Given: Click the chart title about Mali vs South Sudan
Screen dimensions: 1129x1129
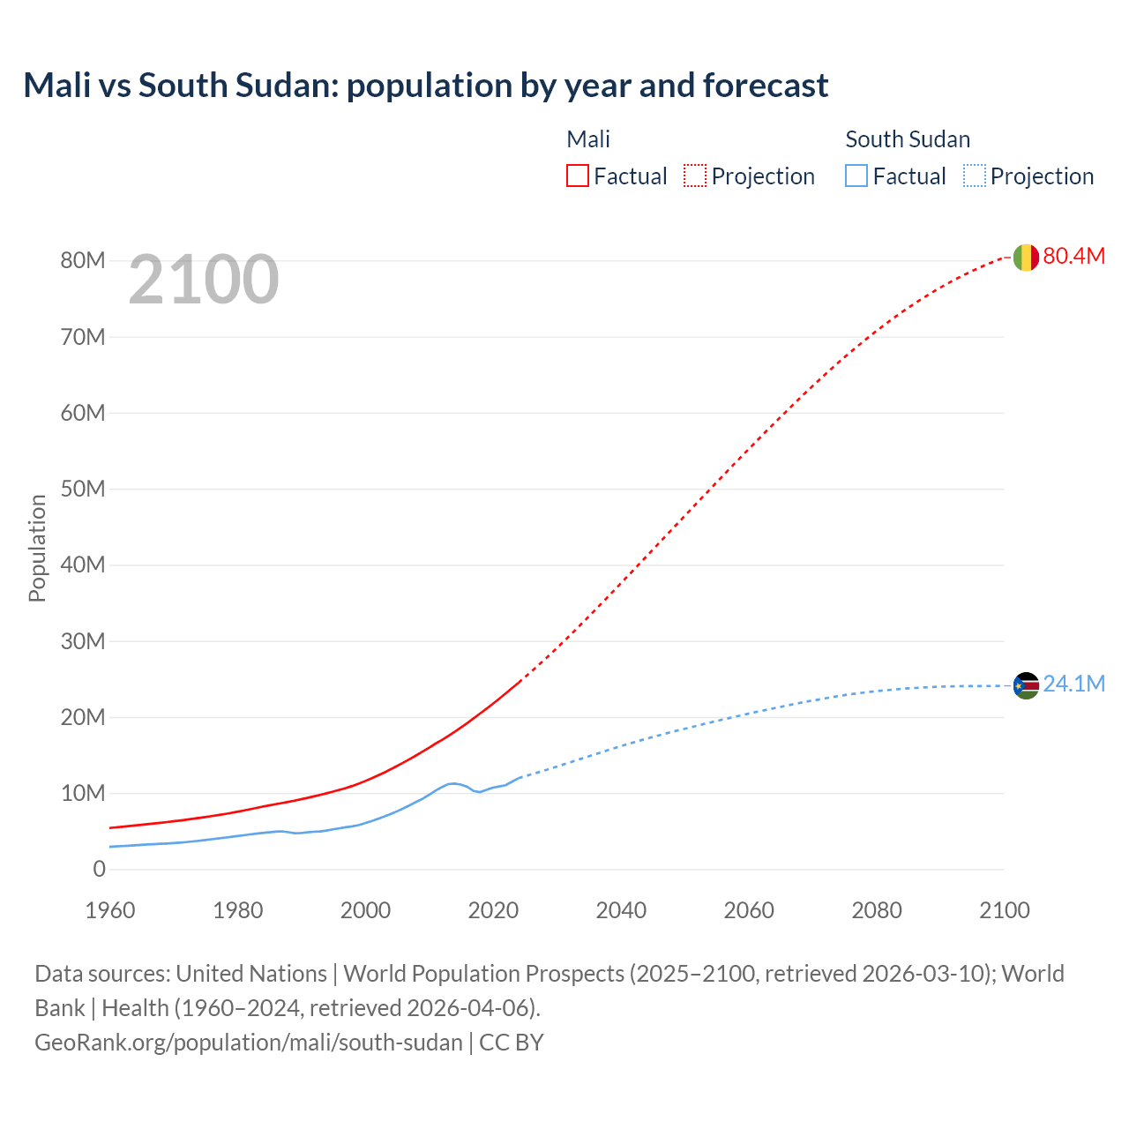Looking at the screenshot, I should [425, 86].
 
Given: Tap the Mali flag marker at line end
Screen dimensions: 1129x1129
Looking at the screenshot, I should [1025, 257].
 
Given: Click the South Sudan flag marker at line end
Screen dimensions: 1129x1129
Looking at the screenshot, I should [1025, 685].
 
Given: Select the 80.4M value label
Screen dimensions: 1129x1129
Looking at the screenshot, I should [1073, 256].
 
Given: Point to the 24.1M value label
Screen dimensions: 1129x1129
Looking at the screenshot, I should [1073, 684].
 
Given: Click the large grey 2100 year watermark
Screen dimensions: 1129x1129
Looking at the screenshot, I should [204, 280].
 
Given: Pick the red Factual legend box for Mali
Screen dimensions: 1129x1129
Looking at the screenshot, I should [578, 176].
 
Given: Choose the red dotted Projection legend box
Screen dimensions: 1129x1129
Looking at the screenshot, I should [695, 176].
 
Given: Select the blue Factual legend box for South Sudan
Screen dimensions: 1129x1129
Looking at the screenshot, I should [856, 176].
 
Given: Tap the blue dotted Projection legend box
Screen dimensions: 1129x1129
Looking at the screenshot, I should [974, 176].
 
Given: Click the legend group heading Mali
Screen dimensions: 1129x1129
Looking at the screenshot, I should [588, 139].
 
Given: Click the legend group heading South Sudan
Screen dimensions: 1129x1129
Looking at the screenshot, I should [908, 139].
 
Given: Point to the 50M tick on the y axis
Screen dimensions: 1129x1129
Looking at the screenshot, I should [83, 489].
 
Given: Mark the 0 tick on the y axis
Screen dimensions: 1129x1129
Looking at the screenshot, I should [99, 869].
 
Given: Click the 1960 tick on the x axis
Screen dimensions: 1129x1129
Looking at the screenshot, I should [110, 910].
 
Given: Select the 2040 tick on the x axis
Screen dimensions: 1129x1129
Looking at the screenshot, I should [621, 910].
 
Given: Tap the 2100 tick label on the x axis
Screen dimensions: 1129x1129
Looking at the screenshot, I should [1004, 910].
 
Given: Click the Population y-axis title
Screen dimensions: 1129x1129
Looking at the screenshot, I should [37, 548].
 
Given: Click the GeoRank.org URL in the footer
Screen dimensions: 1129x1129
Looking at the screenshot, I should [248, 1042].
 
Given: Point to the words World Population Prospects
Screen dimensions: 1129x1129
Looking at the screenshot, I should [484, 974].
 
